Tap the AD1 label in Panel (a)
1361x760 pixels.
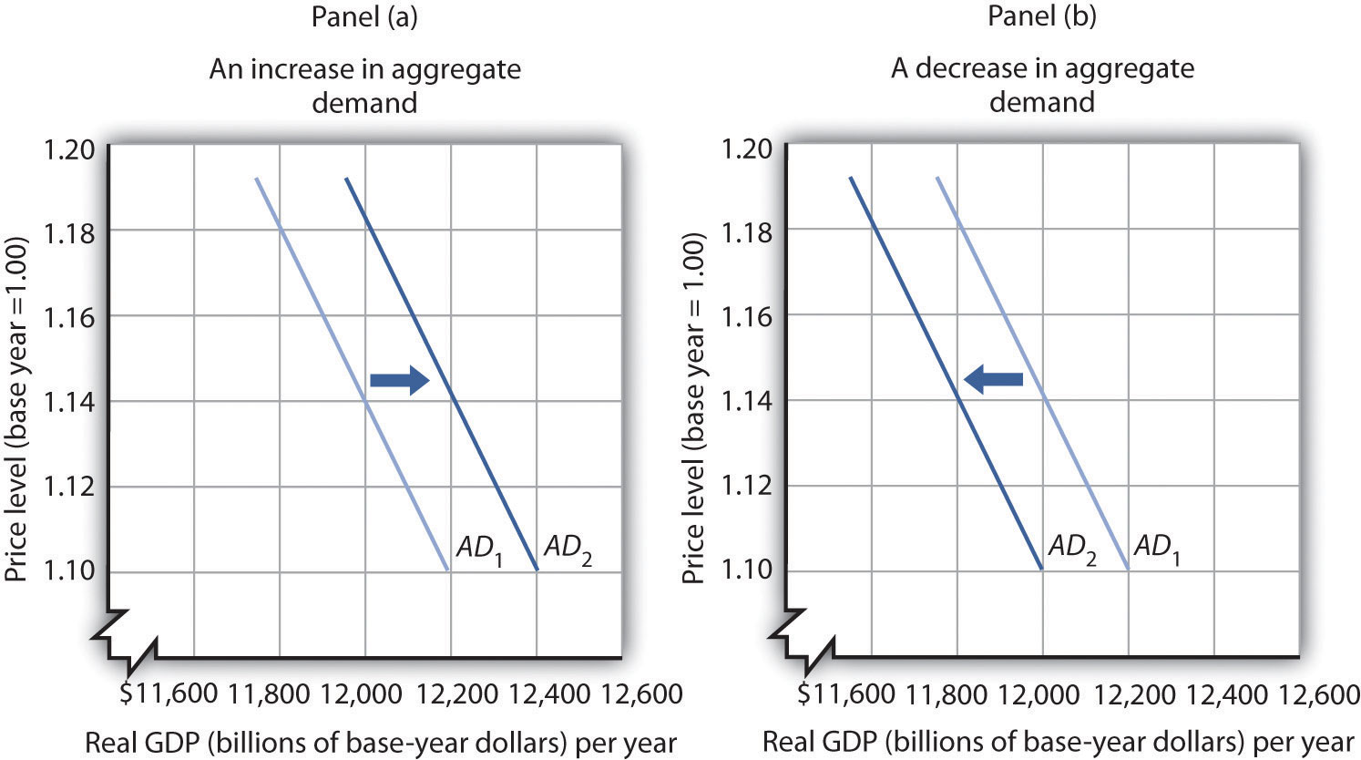478,549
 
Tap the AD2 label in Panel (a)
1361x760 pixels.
567,549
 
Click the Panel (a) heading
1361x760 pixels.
363,19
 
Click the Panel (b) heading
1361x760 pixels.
1041,19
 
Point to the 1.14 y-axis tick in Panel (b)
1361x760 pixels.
746,401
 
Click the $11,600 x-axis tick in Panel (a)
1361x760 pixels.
168,695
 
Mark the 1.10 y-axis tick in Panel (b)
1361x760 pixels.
746,570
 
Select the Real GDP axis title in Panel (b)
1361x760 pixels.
1057,740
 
